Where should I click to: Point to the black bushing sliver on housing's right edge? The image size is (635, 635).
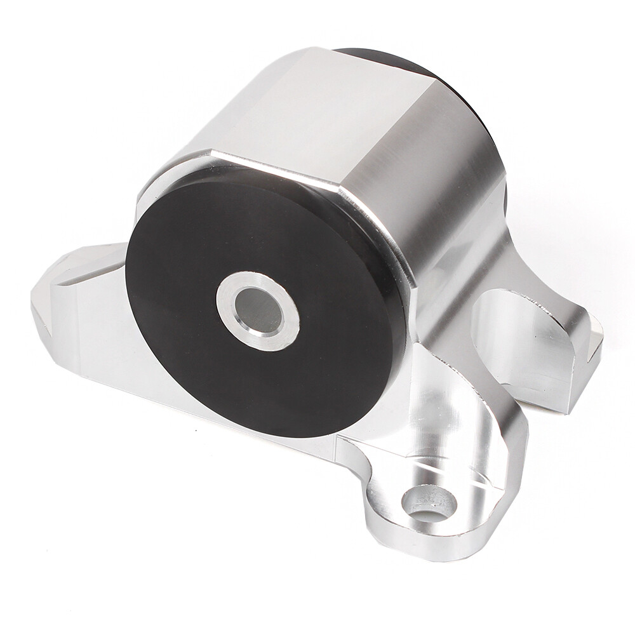click(505, 197)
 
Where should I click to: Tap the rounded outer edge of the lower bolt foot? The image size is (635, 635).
click(406, 546)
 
